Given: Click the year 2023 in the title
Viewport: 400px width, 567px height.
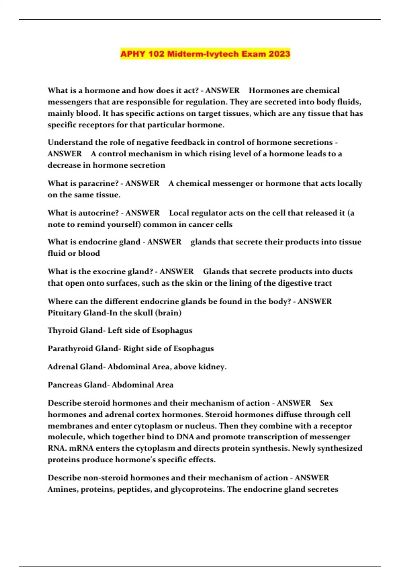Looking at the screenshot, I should click(279, 54).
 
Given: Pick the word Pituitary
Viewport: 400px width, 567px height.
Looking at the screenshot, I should click(64, 313).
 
